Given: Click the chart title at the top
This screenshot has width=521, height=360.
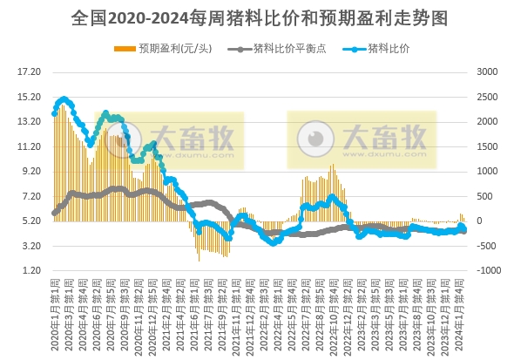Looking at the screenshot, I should [260, 17].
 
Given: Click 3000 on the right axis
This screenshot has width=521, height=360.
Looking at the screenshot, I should [486, 71].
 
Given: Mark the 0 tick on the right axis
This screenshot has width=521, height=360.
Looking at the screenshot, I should [478, 221].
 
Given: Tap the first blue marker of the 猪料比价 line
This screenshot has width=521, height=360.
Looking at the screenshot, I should [55, 112].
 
